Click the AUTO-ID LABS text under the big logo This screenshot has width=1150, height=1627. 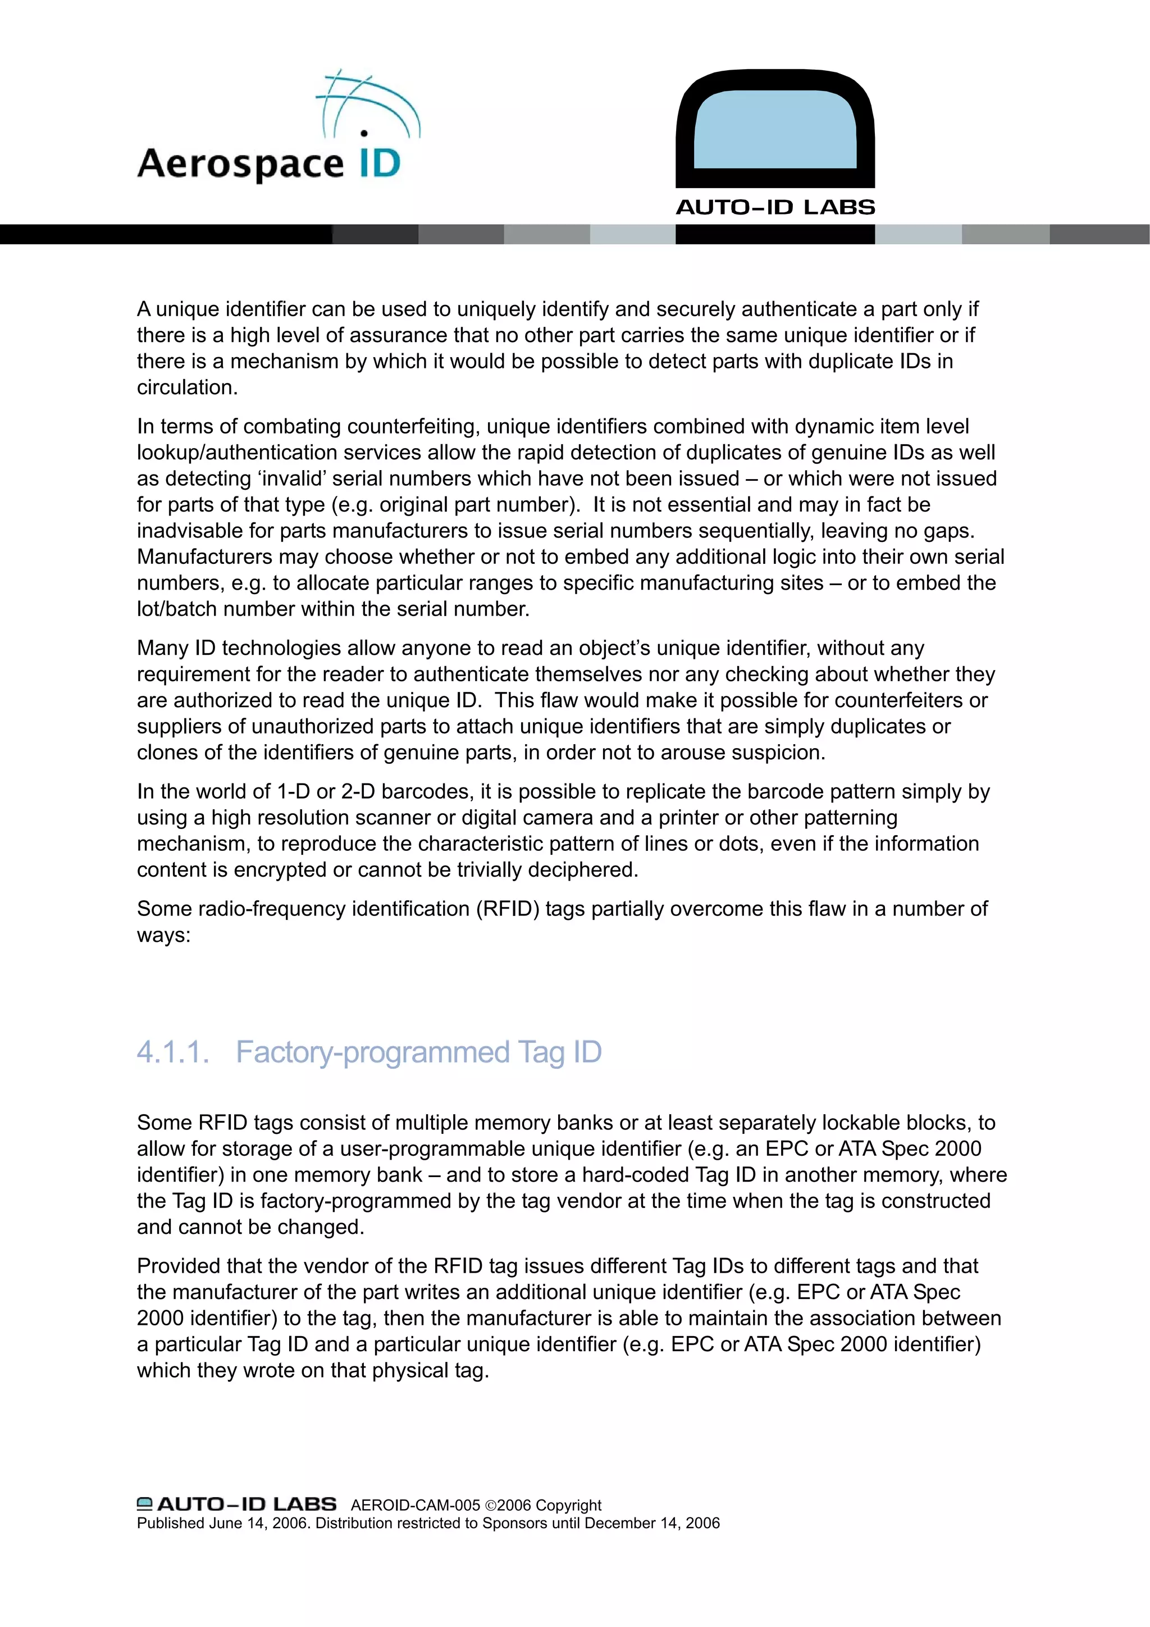click(775, 208)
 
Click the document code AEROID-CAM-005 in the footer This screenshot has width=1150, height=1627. click(415, 1505)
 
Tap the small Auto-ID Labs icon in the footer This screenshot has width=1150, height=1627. click(144, 1503)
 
